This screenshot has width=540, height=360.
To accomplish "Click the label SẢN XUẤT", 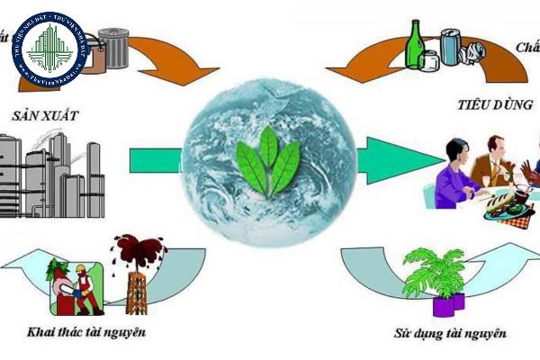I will [x=46, y=116].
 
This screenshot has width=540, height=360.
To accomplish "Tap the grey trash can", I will [x=112, y=49].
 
